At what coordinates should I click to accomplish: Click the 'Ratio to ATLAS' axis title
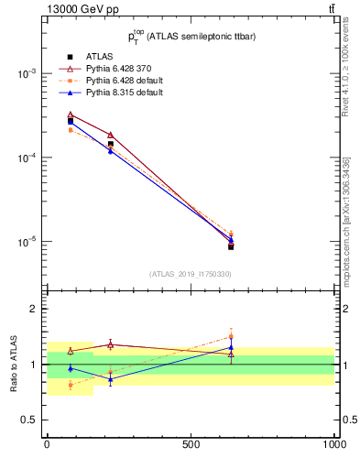click(x=14, y=365)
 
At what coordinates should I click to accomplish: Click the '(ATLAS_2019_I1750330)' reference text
click(x=191, y=274)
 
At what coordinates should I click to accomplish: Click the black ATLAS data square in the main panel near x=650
click(x=231, y=246)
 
